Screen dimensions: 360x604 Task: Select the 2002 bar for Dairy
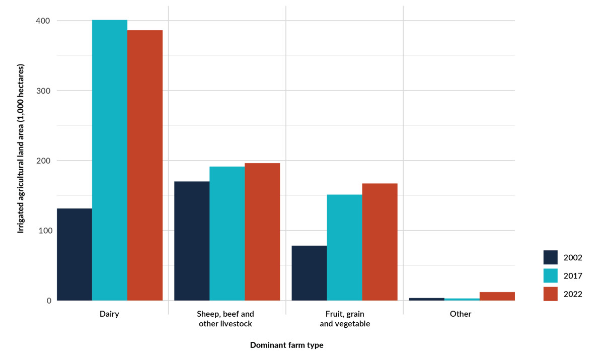pyautogui.click(x=74, y=254)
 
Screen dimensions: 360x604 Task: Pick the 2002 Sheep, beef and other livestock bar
pyautogui.click(x=192, y=241)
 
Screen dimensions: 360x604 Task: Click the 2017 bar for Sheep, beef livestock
pyautogui.click(x=227, y=234)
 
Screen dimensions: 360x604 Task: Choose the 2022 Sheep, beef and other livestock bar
pyautogui.click(x=262, y=232)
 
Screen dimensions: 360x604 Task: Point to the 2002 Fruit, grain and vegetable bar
pyautogui.click(x=310, y=273)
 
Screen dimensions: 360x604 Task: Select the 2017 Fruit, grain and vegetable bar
pyautogui.click(x=345, y=247)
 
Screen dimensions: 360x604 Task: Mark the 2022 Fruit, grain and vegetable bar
pyautogui.click(x=380, y=242)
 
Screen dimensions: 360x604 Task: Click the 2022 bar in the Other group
pyautogui.click(x=497, y=296)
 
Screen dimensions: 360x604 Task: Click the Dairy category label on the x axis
pyautogui.click(x=110, y=314)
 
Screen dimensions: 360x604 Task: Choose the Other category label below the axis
pyautogui.click(x=461, y=314)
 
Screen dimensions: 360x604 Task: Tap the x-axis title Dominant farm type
pyautogui.click(x=286, y=345)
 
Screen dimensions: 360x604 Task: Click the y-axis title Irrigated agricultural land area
pyautogui.click(x=21, y=149)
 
